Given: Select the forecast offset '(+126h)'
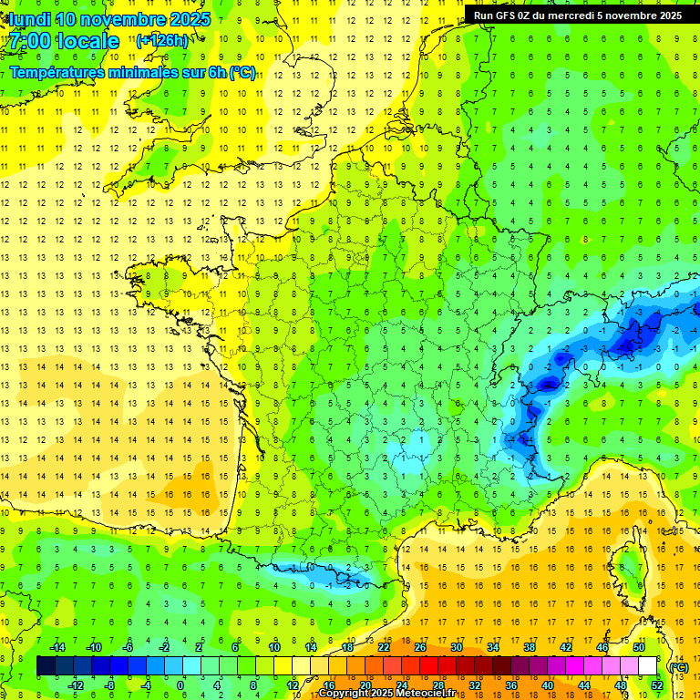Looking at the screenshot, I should pyautogui.click(x=162, y=40).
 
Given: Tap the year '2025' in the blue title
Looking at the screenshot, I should pyautogui.click(x=184, y=19).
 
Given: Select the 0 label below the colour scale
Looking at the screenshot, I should pyautogui.click(x=180, y=685).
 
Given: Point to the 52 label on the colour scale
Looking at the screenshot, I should pyautogui.click(x=656, y=685).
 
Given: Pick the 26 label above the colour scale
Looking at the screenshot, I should pyautogui.click(x=419, y=647).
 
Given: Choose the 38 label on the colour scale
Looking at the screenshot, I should pyautogui.click(x=529, y=647).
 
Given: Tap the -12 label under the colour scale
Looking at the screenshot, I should pyautogui.click(x=77, y=685).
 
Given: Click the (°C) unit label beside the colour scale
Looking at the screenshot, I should pyautogui.click(x=678, y=666).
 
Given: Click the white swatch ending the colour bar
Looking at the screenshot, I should pyautogui.click(x=647, y=666).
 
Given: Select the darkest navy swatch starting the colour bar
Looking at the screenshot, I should pyautogui.click(x=46, y=666).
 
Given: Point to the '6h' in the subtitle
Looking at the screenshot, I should pyautogui.click(x=215, y=72).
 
